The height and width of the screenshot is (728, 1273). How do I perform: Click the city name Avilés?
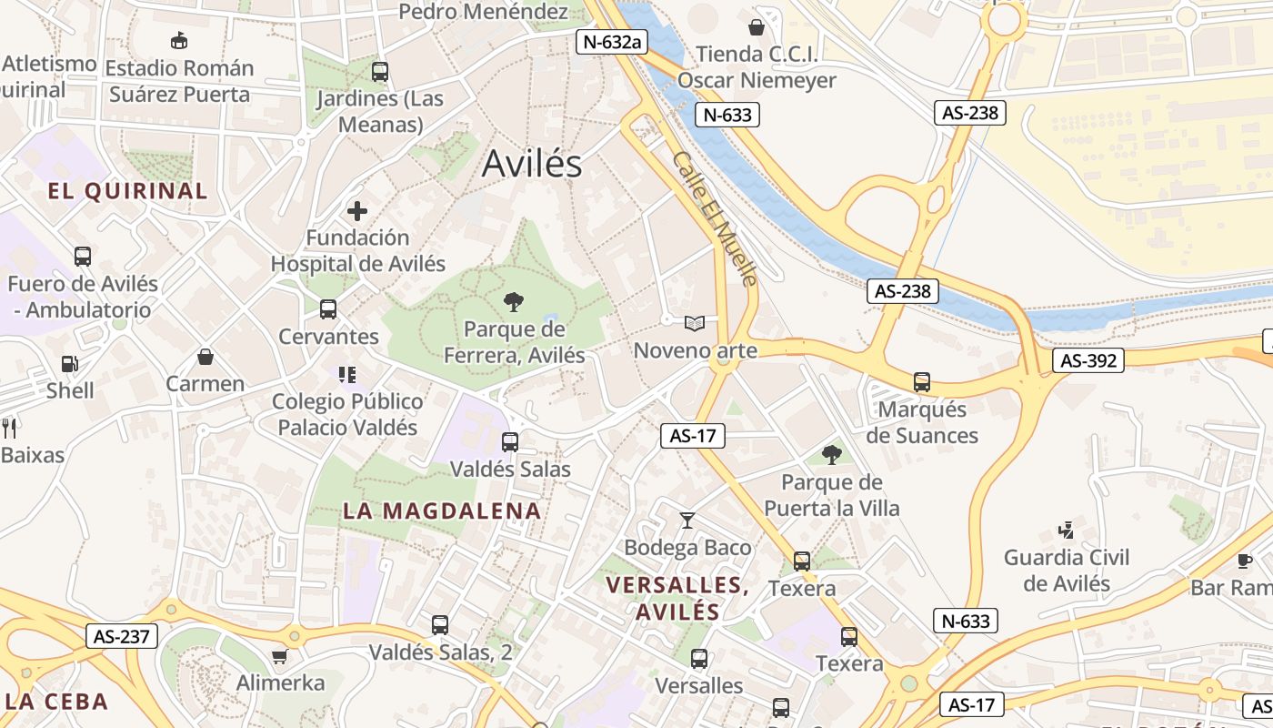[532, 164]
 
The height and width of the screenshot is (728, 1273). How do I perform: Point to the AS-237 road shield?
[122, 636]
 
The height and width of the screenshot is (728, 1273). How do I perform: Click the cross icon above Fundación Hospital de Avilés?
[357, 211]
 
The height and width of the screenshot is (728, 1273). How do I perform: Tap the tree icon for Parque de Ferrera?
[514, 301]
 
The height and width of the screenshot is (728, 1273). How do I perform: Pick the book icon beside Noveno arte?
[695, 323]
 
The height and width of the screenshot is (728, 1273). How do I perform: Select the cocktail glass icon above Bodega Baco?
[687, 521]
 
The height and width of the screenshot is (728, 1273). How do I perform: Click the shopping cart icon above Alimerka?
[280, 656]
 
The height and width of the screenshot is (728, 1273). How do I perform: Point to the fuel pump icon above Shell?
[69, 364]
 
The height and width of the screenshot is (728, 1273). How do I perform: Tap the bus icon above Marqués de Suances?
[922, 382]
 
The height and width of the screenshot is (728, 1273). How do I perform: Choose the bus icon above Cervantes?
[328, 309]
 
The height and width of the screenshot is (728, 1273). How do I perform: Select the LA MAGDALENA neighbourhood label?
[442, 511]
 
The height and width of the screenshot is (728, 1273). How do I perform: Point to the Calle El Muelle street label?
[715, 218]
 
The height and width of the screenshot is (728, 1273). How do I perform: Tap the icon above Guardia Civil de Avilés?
[1067, 530]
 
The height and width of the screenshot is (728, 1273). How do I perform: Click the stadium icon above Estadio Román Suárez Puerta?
[179, 41]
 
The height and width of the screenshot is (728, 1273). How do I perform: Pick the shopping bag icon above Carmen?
[205, 357]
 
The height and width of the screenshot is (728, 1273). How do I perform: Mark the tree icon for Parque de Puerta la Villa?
[831, 455]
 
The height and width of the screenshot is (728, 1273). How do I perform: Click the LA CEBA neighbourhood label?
[56, 702]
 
